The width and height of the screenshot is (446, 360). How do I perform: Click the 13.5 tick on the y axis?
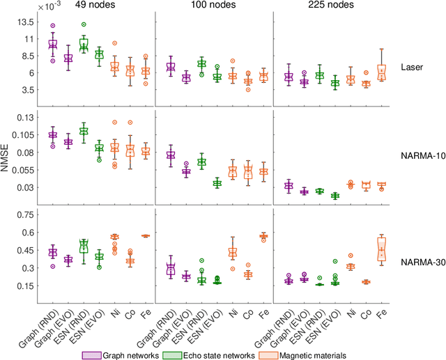pyautogui.click(x=26, y=22)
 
